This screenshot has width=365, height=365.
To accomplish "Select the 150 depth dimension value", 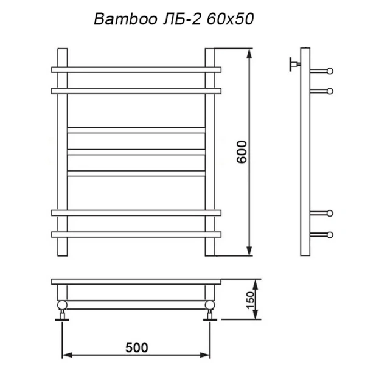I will pos(249,299).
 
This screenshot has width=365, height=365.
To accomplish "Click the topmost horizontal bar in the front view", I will pos(136,70).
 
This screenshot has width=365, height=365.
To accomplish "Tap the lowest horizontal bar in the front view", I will pos(136,234).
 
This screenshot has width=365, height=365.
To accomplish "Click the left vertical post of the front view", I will pos(61,152).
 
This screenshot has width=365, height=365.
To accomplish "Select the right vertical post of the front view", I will pos(211,152).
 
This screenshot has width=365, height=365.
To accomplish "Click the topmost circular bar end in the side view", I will pos(330,71).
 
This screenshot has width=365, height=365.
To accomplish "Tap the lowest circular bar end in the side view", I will pos(330,234).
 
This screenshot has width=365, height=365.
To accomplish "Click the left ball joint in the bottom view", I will pos(62,305).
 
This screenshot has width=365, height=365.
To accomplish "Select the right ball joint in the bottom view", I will pos(210,305).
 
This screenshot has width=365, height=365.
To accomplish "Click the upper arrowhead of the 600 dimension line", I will pos(249,54).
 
